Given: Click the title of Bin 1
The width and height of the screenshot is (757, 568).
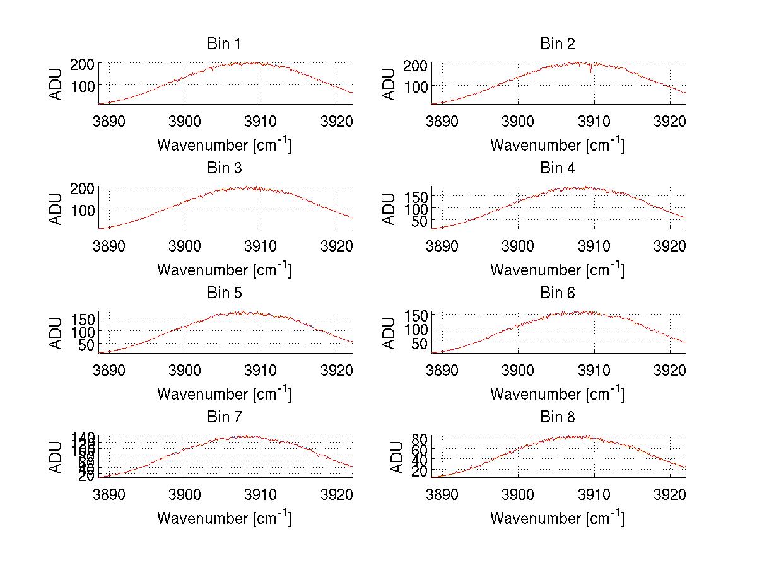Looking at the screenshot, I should click(224, 44).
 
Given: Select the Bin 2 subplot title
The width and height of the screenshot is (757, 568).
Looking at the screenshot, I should click(558, 44).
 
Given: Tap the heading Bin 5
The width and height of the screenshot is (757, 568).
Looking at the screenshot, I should click(224, 293).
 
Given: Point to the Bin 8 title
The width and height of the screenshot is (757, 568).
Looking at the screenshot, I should click(558, 417).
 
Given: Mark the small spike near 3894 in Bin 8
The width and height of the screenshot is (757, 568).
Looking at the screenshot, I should click(471, 467).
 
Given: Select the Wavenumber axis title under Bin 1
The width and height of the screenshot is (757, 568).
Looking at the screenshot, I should click(224, 145).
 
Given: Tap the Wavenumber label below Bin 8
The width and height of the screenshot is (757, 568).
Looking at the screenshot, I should click(558, 518).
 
